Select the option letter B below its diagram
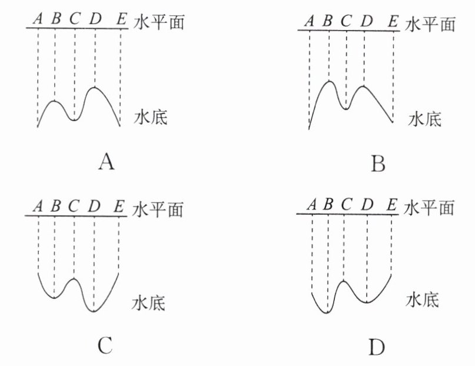378,163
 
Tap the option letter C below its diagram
105,347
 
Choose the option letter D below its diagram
377,348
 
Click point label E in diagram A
121,19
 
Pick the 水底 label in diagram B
424,119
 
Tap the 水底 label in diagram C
149,304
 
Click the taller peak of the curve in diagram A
95,88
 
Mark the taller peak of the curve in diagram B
329,81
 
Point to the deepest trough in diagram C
94,311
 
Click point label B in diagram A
55,19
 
